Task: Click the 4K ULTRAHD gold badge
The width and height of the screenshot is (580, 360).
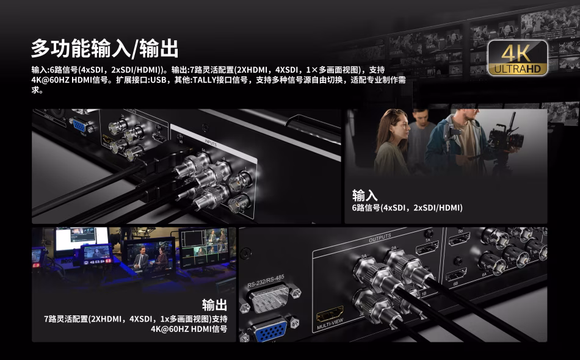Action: (x=518, y=58)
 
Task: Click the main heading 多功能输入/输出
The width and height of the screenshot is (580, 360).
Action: (x=104, y=48)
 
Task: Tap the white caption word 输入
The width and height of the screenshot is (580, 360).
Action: (x=364, y=195)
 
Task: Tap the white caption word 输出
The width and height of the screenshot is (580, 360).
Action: (x=214, y=305)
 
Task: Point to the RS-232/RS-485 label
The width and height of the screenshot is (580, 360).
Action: (x=266, y=281)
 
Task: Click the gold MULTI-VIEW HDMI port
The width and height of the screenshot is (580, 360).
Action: (x=330, y=314)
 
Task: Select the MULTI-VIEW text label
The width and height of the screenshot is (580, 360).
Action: (x=330, y=324)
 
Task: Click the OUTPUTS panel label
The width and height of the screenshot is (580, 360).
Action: (x=380, y=237)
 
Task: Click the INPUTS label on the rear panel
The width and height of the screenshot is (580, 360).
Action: (x=211, y=142)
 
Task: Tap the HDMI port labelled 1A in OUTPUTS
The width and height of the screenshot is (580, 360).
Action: (x=427, y=248)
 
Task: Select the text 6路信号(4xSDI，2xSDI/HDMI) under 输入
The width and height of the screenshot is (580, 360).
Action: (x=407, y=207)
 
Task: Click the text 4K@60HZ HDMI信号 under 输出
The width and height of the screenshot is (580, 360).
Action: (x=189, y=329)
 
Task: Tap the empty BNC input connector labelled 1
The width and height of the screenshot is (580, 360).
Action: (x=240, y=181)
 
